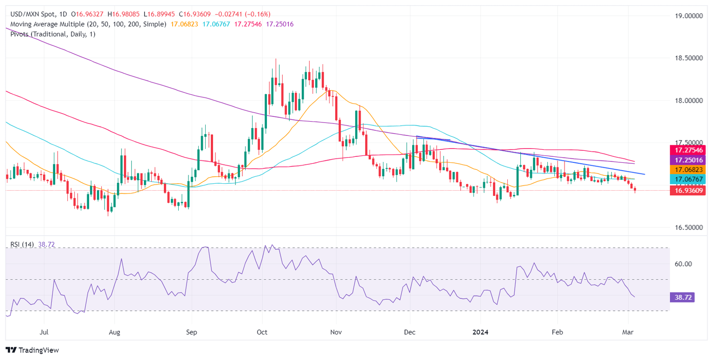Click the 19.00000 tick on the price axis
688,16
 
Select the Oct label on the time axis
263,332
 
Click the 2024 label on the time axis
481,332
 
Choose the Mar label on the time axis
628,332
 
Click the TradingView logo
32,350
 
